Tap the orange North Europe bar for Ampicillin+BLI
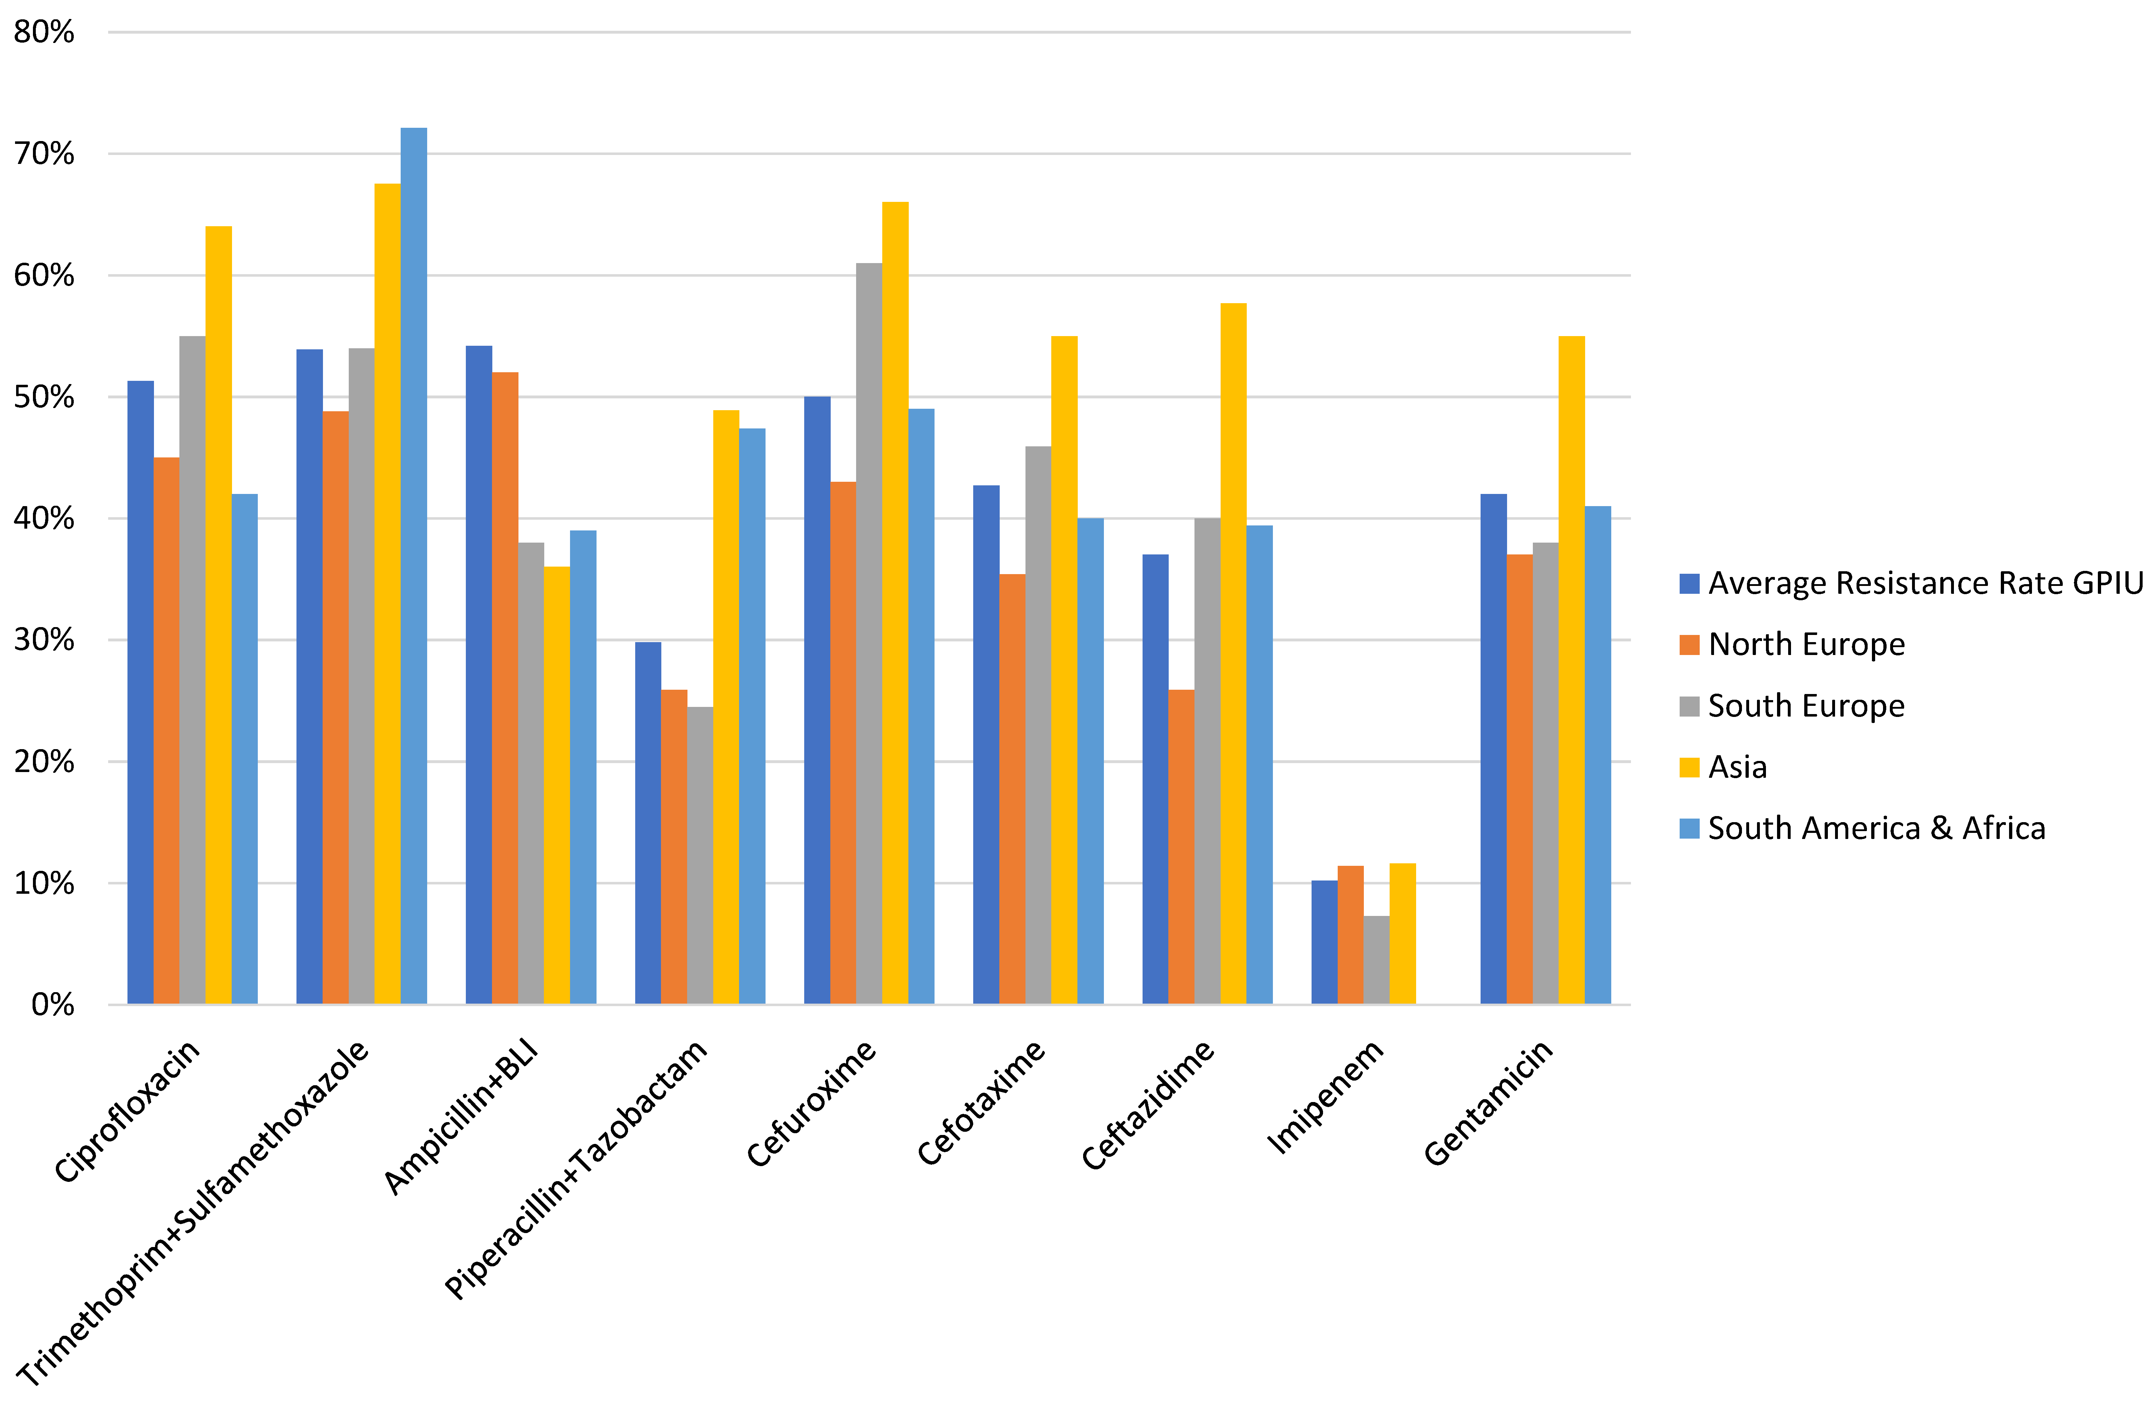[505, 687]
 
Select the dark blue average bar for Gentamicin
[1493, 749]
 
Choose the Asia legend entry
[1737, 767]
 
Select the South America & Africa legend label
[1876, 828]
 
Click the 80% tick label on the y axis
[43, 33]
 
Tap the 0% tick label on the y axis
[53, 1005]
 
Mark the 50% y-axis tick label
[43, 397]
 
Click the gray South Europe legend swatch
[1689, 706]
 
